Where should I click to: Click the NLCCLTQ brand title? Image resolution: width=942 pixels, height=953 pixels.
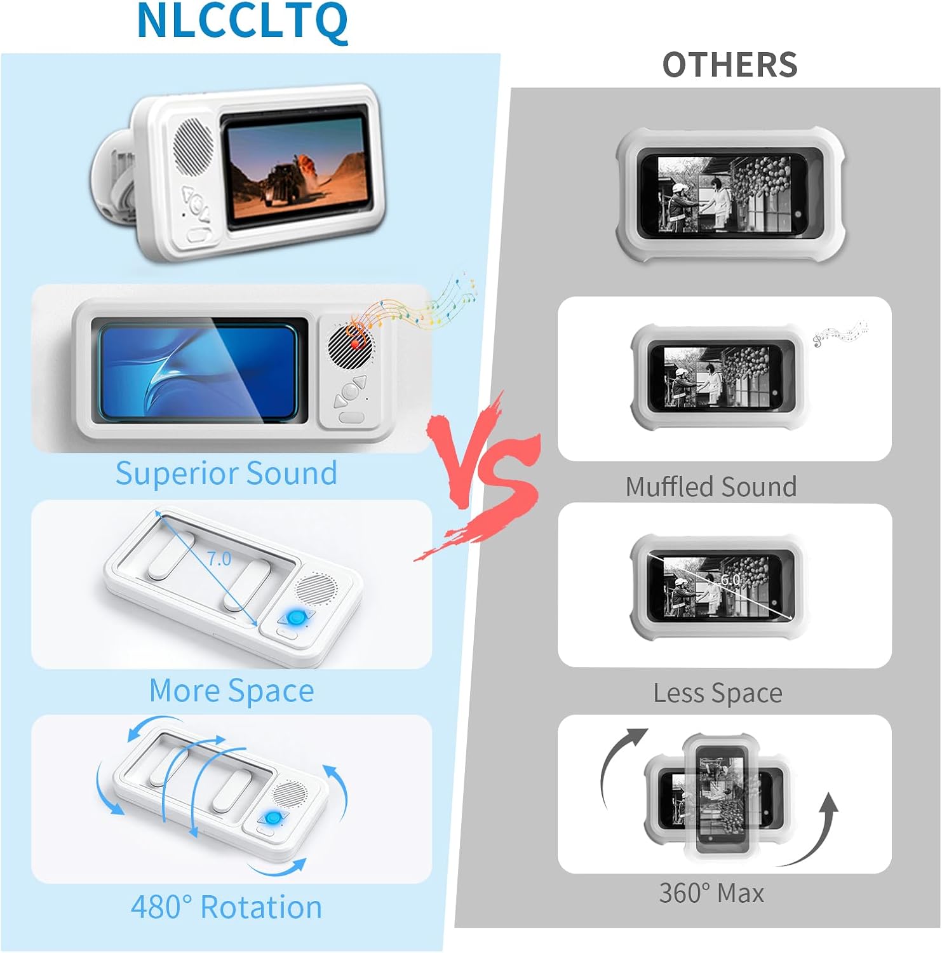tap(242, 22)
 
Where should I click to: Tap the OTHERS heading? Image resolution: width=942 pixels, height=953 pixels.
tap(730, 65)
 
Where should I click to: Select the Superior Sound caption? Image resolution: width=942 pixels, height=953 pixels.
tap(226, 473)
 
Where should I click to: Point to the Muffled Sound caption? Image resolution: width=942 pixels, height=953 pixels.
tap(711, 487)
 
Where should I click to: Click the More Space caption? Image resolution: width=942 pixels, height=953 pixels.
tap(231, 691)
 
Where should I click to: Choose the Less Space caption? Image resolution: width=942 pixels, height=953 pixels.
tap(718, 693)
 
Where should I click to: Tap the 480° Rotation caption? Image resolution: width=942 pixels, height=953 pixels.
tap(226, 907)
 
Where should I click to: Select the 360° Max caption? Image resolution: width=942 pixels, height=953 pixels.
tap(711, 893)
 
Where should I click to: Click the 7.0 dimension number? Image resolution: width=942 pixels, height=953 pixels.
tap(219, 559)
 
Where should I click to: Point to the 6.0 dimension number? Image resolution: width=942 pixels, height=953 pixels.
tap(730, 579)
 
